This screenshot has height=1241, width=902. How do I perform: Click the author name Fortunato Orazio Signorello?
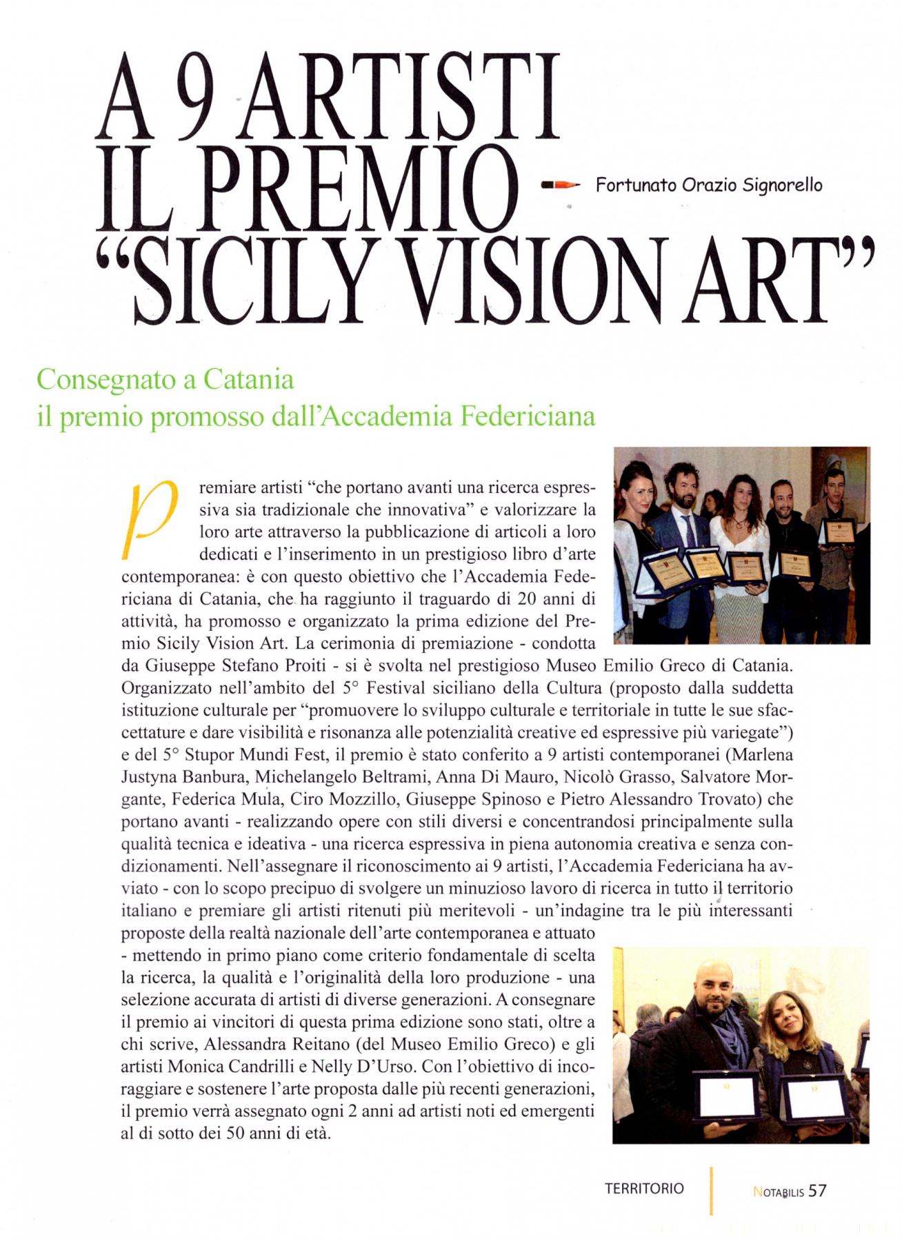(x=708, y=185)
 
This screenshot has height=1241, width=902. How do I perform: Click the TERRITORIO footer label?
(x=644, y=1189)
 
